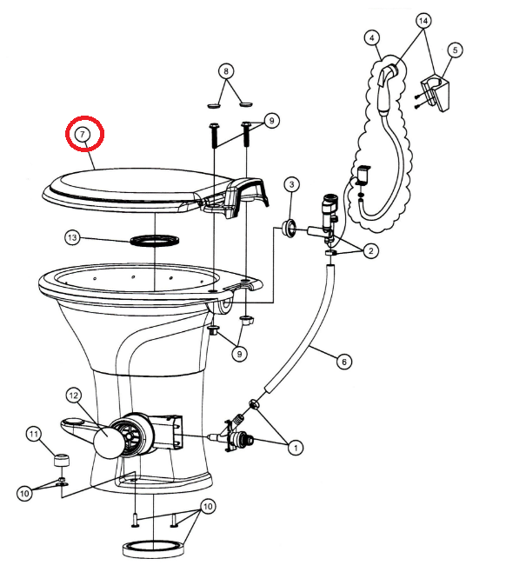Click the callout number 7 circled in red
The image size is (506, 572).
[x=82, y=134]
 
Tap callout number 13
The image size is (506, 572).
[x=72, y=238]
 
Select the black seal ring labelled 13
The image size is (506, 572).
[x=155, y=241]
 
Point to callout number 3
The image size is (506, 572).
[x=291, y=184]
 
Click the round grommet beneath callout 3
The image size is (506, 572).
[x=290, y=229]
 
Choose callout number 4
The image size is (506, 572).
[x=372, y=38]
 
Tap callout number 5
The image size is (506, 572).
[x=455, y=50]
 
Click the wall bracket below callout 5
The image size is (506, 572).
[x=436, y=93]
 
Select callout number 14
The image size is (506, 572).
[x=423, y=21]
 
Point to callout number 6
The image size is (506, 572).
[x=344, y=362]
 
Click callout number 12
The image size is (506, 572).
[x=74, y=396]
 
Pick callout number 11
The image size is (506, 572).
[x=34, y=434]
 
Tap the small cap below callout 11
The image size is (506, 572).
[x=61, y=460]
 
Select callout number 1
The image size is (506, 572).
[x=295, y=448]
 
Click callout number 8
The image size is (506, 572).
[x=226, y=70]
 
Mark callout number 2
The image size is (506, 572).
[x=371, y=250]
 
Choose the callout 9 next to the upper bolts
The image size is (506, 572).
[x=271, y=120]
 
